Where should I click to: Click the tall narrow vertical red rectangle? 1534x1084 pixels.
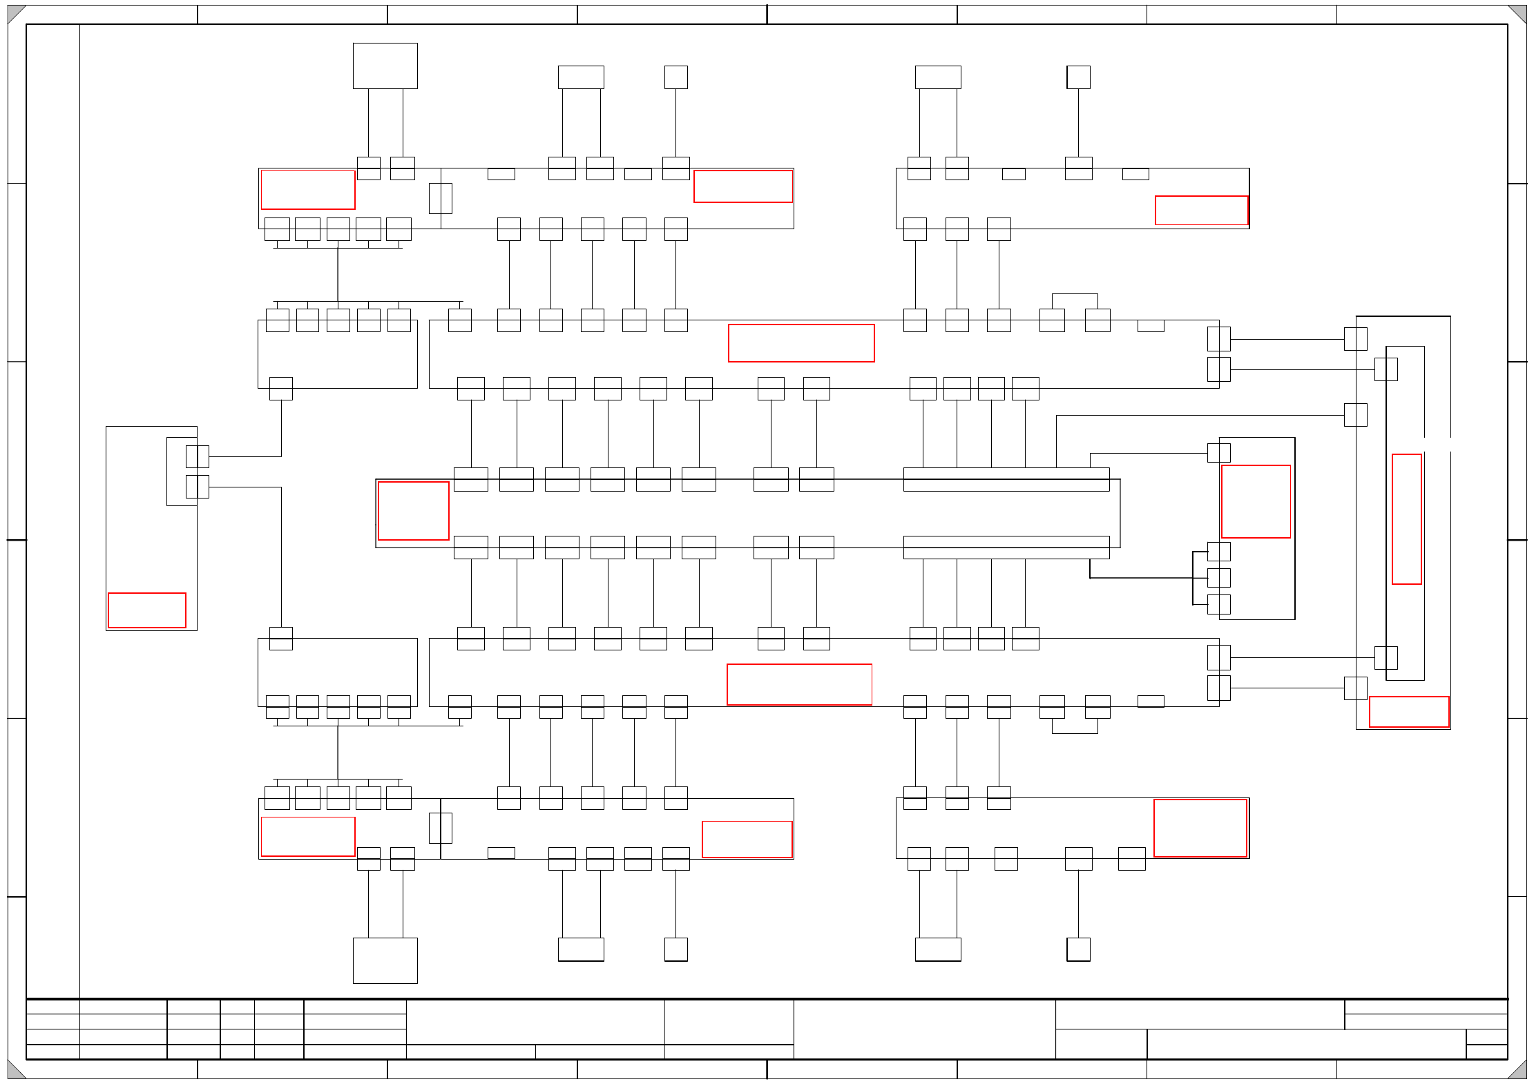[x=1406, y=519]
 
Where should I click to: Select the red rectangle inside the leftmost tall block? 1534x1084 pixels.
[x=147, y=610]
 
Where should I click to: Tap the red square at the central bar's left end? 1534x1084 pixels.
[x=413, y=510]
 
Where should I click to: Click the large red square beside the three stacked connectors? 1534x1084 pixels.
[x=1256, y=501]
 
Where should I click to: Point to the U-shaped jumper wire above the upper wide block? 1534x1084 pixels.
[x=1075, y=296]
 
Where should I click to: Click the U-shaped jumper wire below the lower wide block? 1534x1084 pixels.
[x=1075, y=731]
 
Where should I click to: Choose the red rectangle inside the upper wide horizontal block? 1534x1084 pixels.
[x=801, y=342]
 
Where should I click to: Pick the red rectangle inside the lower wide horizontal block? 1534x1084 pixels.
[x=799, y=684]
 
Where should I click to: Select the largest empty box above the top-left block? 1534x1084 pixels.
[x=385, y=66]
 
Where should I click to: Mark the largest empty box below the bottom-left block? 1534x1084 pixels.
[x=385, y=960]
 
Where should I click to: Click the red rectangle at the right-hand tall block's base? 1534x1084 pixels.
[x=1408, y=711]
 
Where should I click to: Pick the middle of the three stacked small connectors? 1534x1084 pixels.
[x=1218, y=578]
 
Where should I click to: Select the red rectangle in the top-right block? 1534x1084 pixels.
[x=1201, y=210]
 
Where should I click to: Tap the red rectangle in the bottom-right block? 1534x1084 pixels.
[x=1200, y=828]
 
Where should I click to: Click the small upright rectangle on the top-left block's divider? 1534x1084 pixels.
[x=440, y=198]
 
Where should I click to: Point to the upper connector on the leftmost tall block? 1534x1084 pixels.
[x=197, y=456]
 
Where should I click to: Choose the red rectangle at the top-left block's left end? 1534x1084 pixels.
[x=308, y=189]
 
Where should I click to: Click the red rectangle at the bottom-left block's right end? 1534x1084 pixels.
[x=747, y=839]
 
